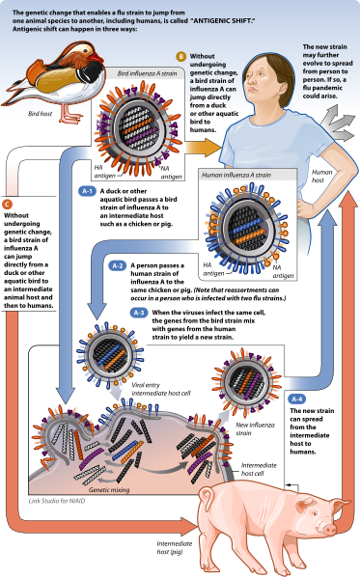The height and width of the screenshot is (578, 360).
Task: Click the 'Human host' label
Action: click(x=322, y=178)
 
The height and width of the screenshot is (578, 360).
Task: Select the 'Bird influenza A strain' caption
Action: click(x=150, y=72)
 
